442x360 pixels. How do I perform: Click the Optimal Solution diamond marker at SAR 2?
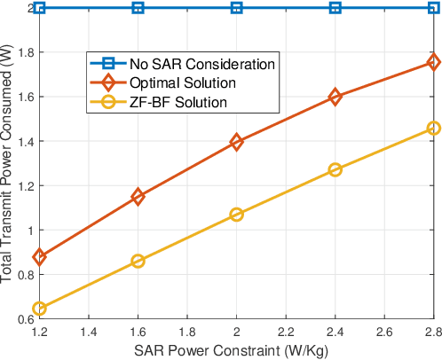click(x=237, y=142)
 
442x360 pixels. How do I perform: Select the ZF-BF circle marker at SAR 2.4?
click(x=335, y=169)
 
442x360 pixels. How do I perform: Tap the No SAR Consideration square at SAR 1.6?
click(x=138, y=8)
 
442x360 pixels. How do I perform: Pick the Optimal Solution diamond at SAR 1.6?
click(x=138, y=197)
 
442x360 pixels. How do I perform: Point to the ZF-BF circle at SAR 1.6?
click(x=138, y=261)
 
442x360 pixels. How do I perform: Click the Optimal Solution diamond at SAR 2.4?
click(x=335, y=98)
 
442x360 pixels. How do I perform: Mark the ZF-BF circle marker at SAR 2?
click(x=237, y=215)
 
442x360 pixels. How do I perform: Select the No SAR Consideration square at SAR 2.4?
click(x=335, y=8)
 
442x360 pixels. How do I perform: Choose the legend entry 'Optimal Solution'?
click(x=183, y=83)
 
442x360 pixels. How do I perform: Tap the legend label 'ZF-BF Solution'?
click(x=178, y=103)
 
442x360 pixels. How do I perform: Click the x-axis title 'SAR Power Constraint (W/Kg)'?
click(x=236, y=350)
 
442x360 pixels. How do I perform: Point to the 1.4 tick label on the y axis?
click(x=19, y=141)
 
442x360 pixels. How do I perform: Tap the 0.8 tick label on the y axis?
click(x=19, y=275)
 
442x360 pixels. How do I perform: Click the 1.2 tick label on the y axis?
click(x=19, y=185)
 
